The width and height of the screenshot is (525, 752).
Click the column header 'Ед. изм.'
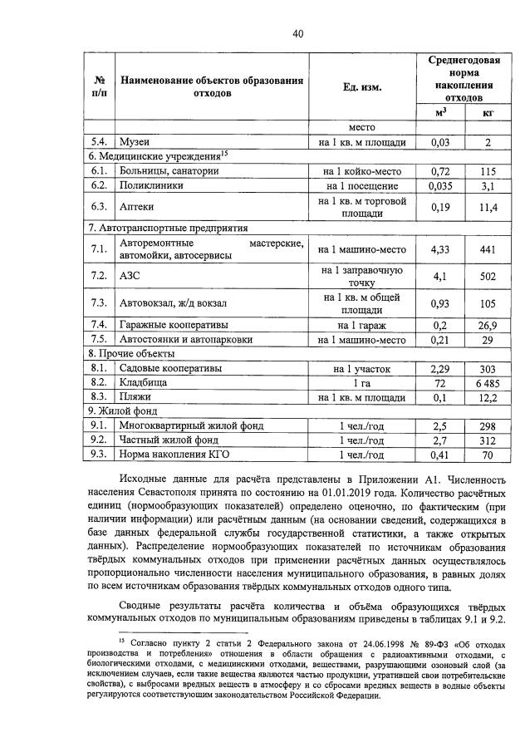pos(361,87)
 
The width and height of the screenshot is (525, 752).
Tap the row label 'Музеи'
pos(134,142)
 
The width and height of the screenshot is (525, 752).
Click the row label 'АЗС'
pos(131,276)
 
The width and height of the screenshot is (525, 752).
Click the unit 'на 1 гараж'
pos(361,325)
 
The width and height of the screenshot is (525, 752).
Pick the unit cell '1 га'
pos(361,381)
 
